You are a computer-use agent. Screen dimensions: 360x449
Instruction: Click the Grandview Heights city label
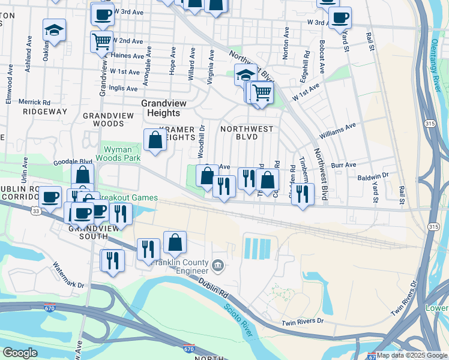pyautogui.click(x=160, y=108)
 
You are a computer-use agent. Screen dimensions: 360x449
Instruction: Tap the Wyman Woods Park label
pyautogui.click(x=122, y=154)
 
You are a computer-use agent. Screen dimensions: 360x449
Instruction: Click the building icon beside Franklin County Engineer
pyautogui.click(x=218, y=264)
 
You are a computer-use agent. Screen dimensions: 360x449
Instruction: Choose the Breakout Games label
pyautogui.click(x=128, y=197)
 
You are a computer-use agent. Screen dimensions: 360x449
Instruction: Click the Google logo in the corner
pyautogui.click(x=20, y=353)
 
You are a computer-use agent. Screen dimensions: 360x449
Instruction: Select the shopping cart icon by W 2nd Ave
pyautogui.click(x=101, y=41)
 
